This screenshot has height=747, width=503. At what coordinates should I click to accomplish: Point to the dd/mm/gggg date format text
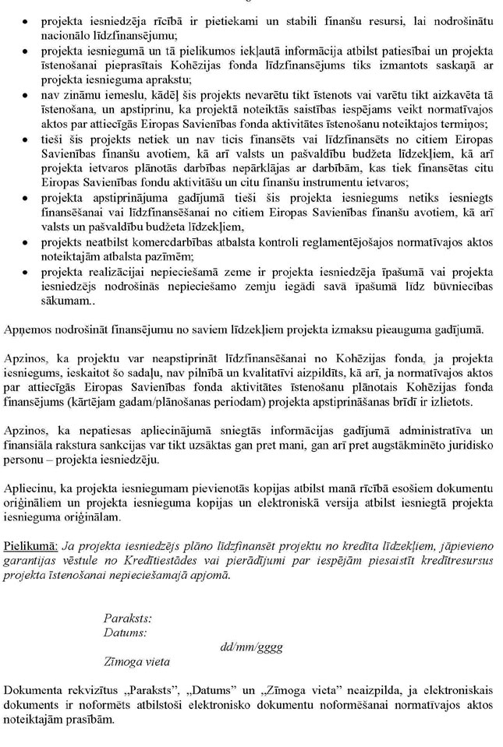pyautogui.click(x=251, y=647)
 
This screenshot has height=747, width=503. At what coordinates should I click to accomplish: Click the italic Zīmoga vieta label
pyautogui.click(x=136, y=661)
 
